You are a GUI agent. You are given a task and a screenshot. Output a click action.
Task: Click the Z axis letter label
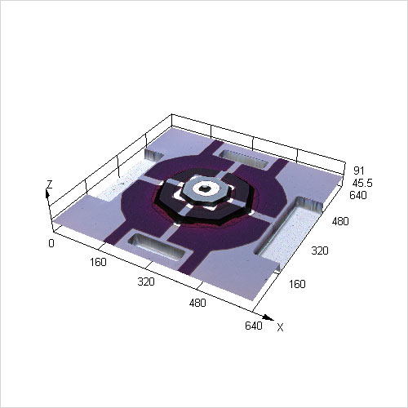pyautogui.click(x=50, y=184)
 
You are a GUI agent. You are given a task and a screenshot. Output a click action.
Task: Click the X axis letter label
pyautogui.click(x=280, y=327)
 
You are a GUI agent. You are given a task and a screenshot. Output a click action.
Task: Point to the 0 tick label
pyautogui.click(x=51, y=243)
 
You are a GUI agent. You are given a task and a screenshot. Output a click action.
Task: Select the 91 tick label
pyautogui.click(x=359, y=171)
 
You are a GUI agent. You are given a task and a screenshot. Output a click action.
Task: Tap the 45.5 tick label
pyautogui.click(x=362, y=183)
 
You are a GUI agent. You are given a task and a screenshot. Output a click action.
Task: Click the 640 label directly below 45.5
pyautogui.click(x=358, y=195)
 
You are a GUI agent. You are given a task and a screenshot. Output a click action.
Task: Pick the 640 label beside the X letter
pyautogui.click(x=254, y=326)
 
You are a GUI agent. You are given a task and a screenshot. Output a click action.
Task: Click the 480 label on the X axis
pyautogui.click(x=197, y=303)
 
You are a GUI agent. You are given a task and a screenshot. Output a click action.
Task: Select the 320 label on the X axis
pyautogui.click(x=146, y=282)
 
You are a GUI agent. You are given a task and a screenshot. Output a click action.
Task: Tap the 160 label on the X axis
pyautogui.click(x=98, y=262)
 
